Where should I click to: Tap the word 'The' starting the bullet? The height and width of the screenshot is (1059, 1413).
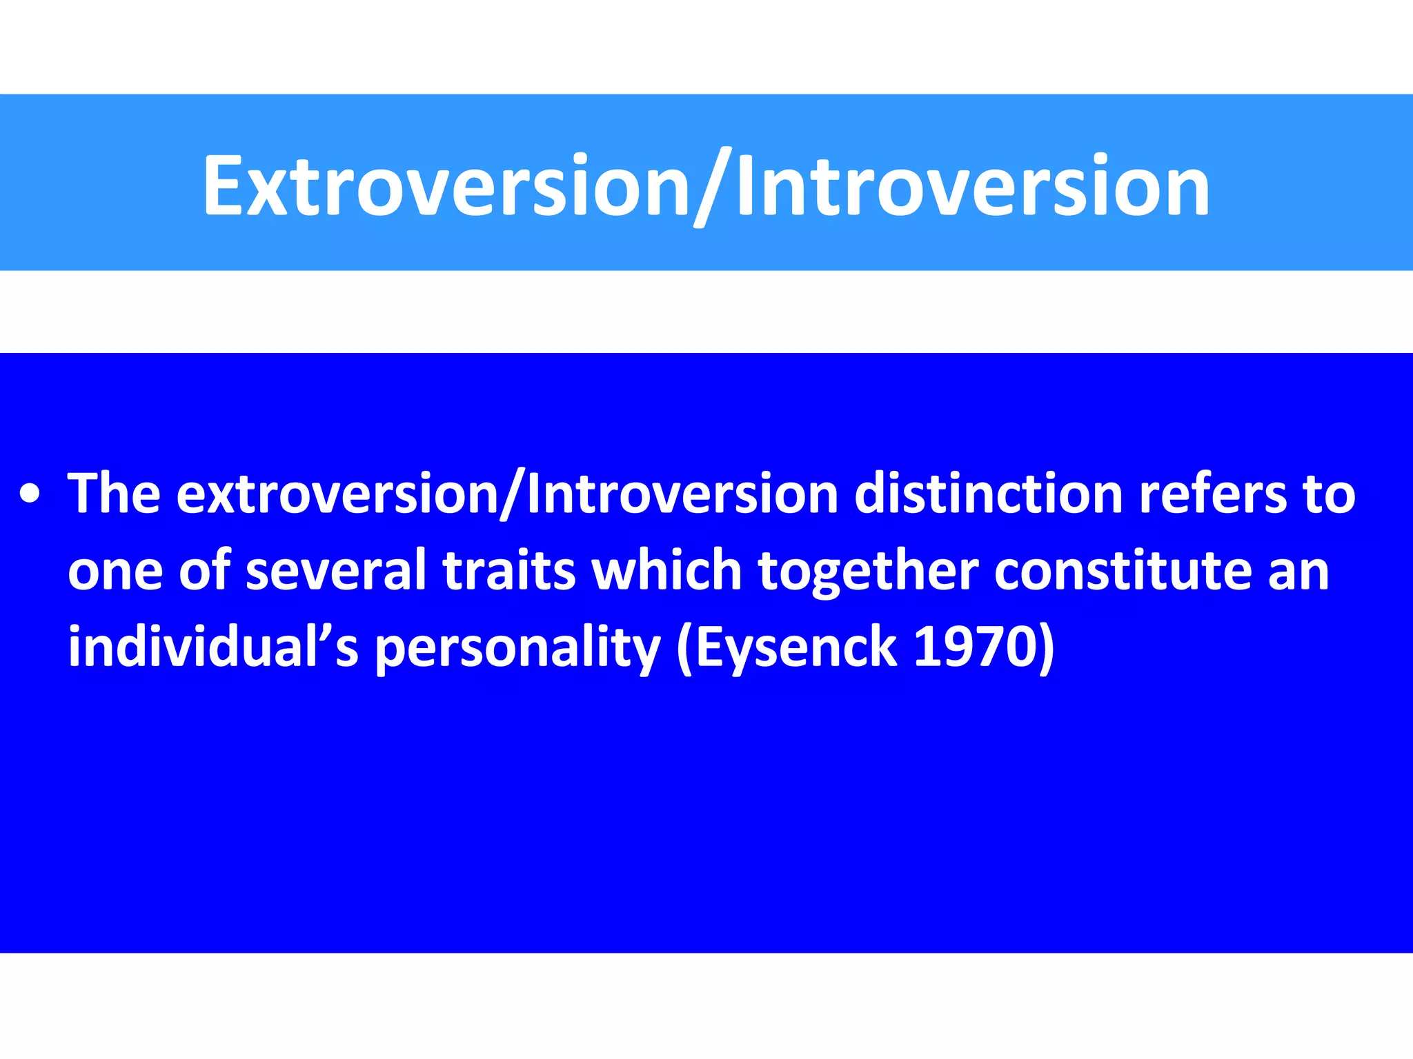click(114, 494)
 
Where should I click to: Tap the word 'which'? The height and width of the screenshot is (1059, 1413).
click(666, 571)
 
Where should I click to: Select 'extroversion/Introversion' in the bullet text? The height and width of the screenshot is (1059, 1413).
click(507, 494)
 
